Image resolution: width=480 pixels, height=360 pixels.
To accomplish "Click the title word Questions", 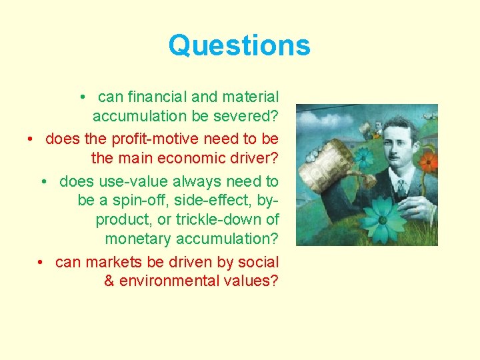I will (239, 46).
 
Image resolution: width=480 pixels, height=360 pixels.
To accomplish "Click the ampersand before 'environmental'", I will (109, 281).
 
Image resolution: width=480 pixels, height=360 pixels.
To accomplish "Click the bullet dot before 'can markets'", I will (41, 262).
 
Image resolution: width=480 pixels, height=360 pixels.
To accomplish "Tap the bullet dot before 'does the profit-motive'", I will (31, 139).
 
